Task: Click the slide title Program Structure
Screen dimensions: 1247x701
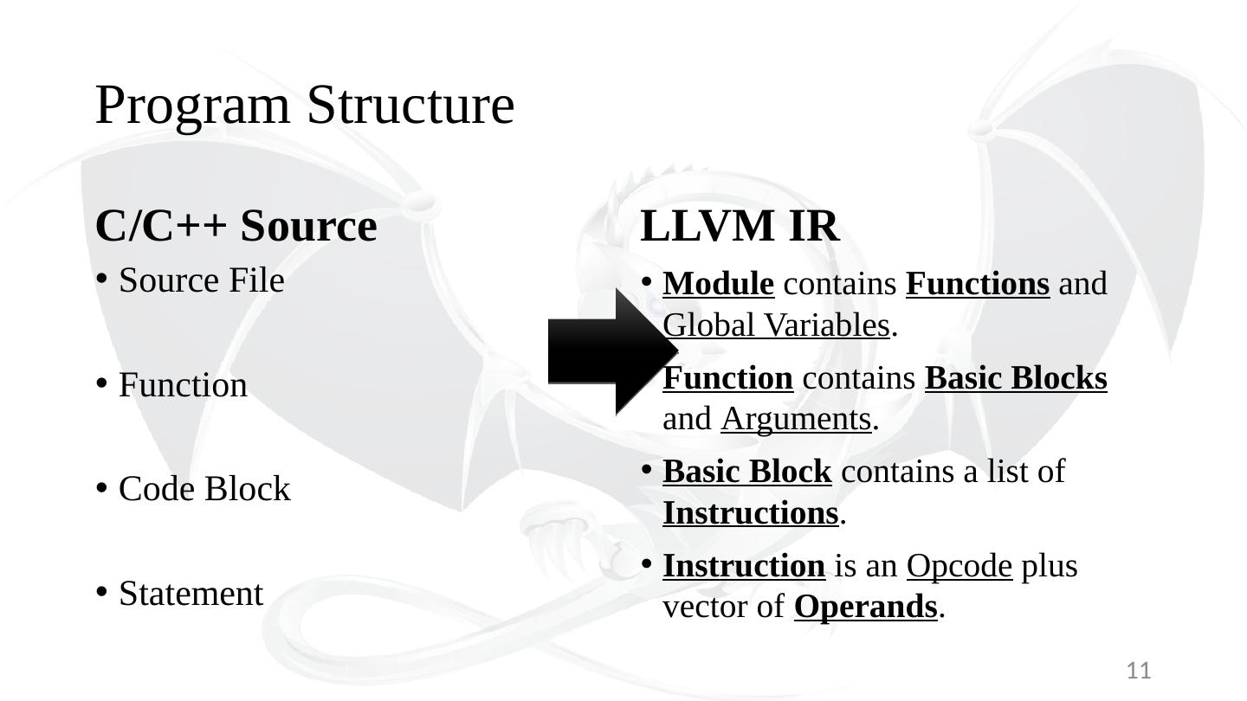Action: [x=305, y=105]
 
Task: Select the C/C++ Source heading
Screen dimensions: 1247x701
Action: [x=236, y=226]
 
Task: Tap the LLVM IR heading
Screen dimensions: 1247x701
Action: [x=740, y=226]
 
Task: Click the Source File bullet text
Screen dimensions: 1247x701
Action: [x=202, y=280]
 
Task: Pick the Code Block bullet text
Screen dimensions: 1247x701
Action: [x=204, y=489]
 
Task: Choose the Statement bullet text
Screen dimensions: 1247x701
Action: [x=191, y=594]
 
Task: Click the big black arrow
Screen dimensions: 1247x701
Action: [x=611, y=350]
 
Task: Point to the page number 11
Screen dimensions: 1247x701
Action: [x=1139, y=670]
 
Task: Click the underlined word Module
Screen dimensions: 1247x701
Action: [x=718, y=284]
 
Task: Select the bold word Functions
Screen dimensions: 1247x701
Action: [x=978, y=284]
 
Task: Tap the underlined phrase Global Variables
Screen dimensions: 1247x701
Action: [x=776, y=325]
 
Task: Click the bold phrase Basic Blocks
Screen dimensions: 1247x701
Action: [x=1016, y=378]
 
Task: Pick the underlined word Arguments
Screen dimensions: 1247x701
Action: [x=795, y=420]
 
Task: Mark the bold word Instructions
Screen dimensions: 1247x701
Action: [x=751, y=514]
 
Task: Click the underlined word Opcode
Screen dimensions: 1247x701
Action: [x=959, y=566]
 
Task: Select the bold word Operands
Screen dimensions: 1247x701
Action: [x=866, y=608]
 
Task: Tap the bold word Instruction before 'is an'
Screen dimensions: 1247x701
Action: [x=744, y=566]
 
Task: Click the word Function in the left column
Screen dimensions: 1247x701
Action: [x=183, y=385]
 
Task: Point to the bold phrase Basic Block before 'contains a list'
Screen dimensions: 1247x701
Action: [x=746, y=473]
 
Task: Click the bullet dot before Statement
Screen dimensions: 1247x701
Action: [x=101, y=592]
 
